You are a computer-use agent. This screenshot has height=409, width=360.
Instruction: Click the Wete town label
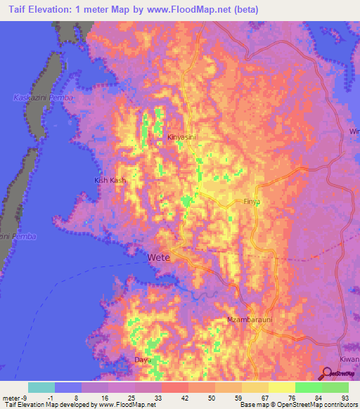(159, 258)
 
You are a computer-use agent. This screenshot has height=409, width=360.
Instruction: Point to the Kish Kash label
(110, 181)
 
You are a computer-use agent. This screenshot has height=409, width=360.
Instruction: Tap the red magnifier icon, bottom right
(329, 374)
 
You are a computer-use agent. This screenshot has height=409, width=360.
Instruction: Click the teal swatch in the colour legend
(41, 387)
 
